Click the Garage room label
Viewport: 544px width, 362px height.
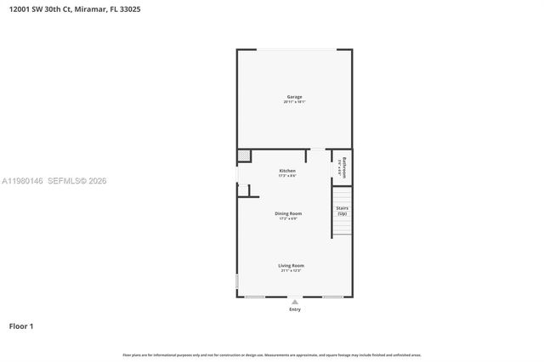(x=293, y=97)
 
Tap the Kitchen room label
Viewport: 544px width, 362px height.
(x=287, y=171)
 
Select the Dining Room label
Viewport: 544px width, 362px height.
(x=288, y=213)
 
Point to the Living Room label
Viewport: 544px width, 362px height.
(x=291, y=265)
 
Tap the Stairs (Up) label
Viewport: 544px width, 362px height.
(x=342, y=210)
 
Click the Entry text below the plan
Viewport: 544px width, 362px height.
(x=294, y=309)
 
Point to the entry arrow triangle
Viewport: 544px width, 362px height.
(x=294, y=301)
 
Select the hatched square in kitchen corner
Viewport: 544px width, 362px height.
(x=244, y=156)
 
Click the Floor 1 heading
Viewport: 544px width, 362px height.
(x=21, y=325)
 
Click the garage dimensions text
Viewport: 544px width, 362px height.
(x=294, y=102)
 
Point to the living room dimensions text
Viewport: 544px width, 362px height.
(x=291, y=270)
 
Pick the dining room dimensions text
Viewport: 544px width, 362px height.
(x=288, y=218)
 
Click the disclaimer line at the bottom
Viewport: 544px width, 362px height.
(x=272, y=354)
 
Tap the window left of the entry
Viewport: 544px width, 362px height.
(x=254, y=297)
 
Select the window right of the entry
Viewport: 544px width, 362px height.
(x=332, y=297)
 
